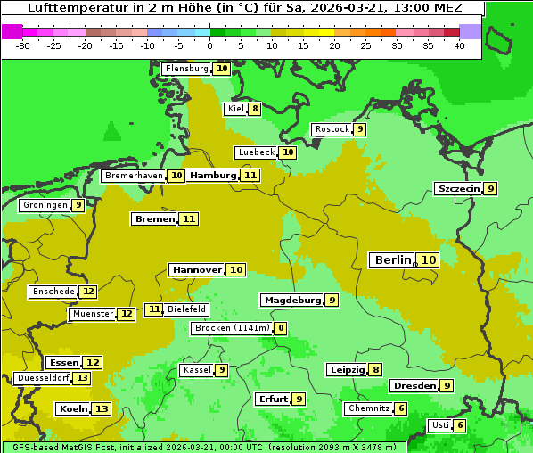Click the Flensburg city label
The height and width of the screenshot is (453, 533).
click(186, 69)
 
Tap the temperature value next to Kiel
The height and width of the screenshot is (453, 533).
click(254, 110)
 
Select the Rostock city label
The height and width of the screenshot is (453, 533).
click(332, 129)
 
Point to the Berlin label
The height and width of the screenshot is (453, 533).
click(392, 260)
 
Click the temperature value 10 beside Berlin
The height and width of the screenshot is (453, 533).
click(429, 260)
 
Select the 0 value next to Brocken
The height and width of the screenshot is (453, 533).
click(281, 328)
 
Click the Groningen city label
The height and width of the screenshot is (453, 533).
click(45, 205)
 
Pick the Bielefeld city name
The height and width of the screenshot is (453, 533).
click(186, 309)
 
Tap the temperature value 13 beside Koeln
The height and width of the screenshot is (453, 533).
click(102, 409)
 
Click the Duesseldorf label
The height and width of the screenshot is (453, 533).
click(42, 378)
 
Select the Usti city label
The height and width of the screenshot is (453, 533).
click(439, 425)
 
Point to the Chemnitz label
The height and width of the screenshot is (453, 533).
click(368, 408)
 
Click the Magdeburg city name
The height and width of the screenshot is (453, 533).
click(291, 301)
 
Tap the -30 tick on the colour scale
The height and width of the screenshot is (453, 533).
click(23, 45)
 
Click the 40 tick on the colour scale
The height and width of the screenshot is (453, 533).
click(459, 45)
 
